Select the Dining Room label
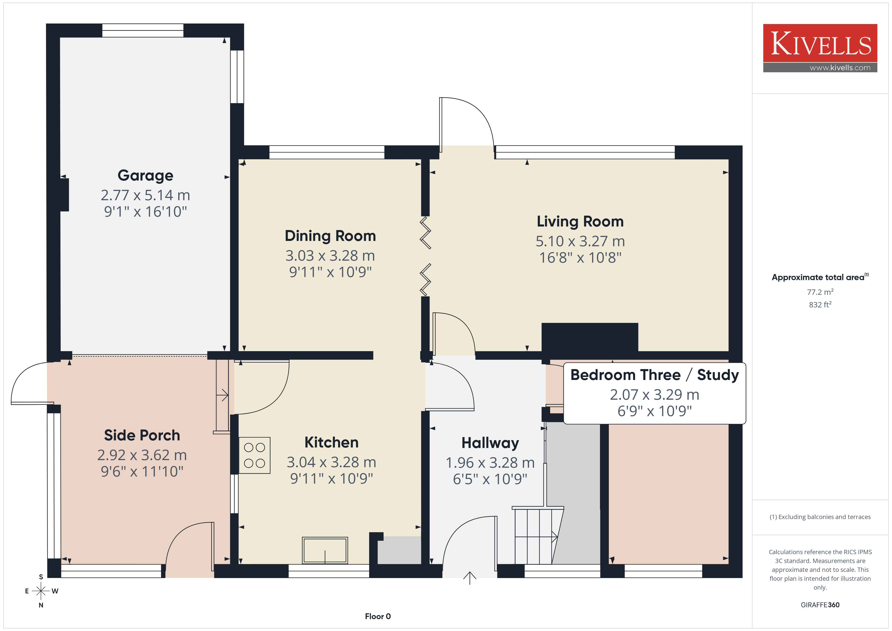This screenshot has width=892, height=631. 330,236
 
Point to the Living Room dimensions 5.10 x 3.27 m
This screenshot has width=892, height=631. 580,241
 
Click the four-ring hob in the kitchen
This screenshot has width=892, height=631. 254,455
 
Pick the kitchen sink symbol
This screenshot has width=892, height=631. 325,550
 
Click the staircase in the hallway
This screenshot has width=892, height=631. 538,535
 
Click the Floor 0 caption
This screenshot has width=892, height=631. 378,616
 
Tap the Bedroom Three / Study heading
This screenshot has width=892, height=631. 655,375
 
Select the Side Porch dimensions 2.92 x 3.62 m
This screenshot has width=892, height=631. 142,455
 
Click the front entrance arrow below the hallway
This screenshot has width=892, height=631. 470,578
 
